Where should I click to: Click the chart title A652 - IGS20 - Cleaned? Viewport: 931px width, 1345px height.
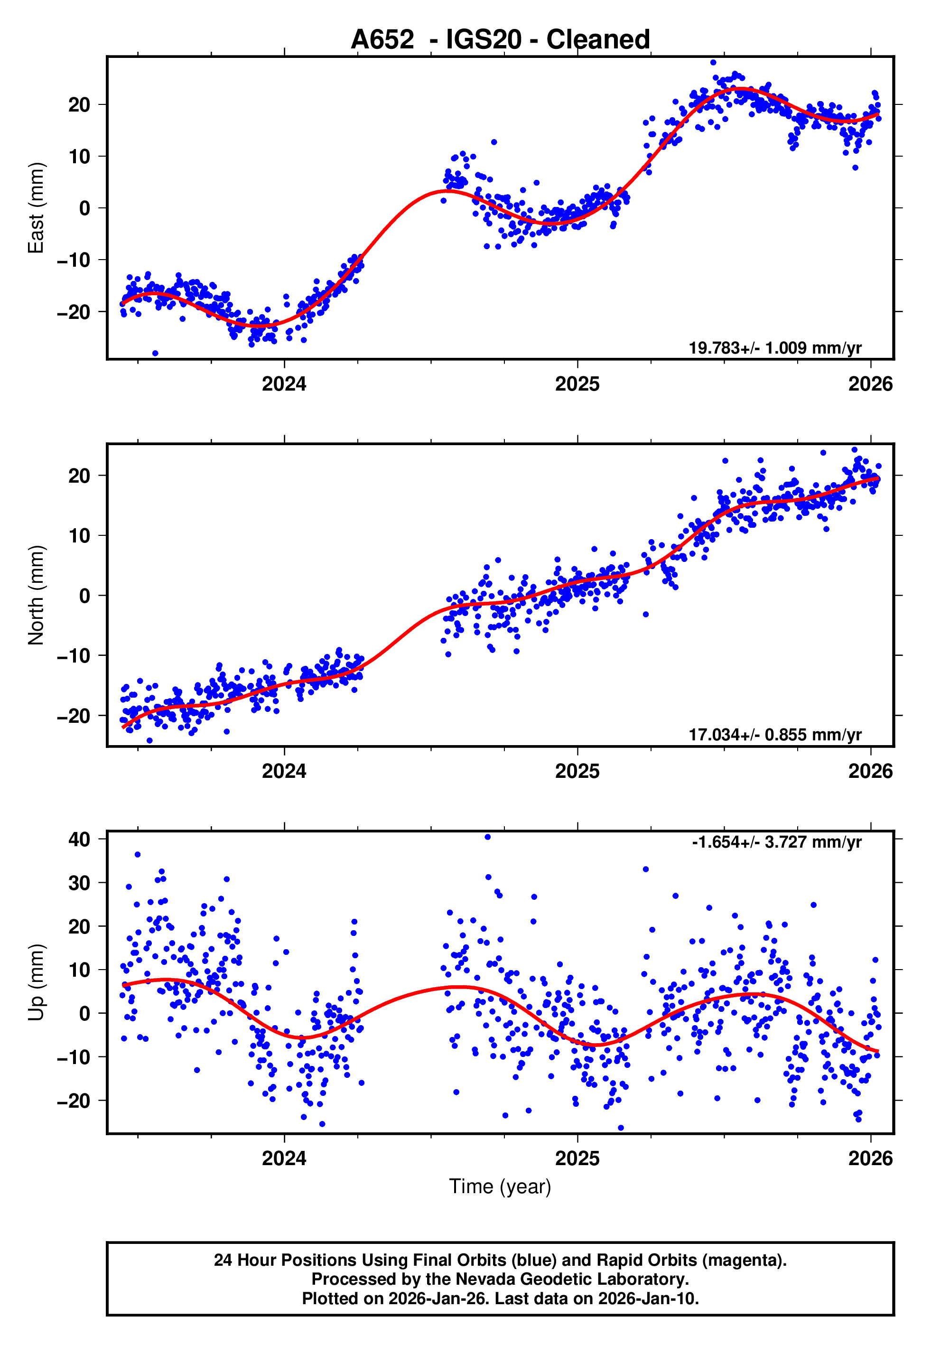500,40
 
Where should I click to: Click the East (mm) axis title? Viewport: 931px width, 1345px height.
36,208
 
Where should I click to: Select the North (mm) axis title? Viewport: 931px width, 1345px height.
36,595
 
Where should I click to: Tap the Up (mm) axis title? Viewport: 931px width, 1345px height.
36,982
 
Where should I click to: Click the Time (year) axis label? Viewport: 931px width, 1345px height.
500,1187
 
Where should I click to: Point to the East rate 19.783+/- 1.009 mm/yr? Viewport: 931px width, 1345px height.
775,348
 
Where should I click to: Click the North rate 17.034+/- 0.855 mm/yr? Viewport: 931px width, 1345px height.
775,735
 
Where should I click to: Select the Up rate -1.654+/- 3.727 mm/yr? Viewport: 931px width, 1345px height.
776,842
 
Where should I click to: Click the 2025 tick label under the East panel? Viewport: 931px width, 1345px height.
577,384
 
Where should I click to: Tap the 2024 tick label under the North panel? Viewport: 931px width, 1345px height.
284,771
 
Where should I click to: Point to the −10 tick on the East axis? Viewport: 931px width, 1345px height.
74,260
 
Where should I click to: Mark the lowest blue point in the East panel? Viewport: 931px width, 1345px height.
155,354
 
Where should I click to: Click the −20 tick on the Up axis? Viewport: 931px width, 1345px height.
74,1101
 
